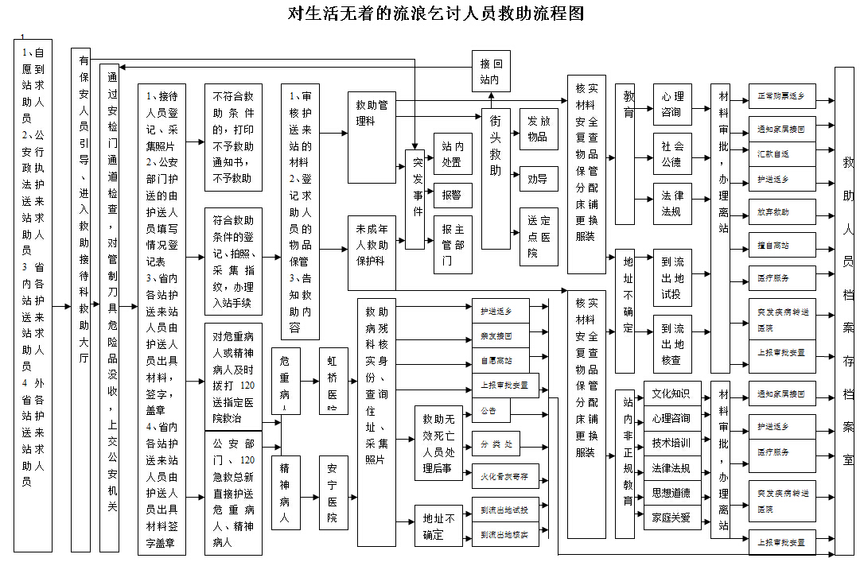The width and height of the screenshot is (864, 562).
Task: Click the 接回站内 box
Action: click(x=490, y=72)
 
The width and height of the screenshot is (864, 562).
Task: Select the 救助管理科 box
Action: click(x=372, y=113)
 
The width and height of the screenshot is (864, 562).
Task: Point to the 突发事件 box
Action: click(x=414, y=199)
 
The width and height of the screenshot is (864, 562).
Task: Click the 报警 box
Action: click(x=451, y=195)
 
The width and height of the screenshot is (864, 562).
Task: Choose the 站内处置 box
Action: click(x=452, y=153)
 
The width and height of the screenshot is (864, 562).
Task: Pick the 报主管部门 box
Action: click(x=452, y=244)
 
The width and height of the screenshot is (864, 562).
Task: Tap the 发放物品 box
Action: click(x=539, y=130)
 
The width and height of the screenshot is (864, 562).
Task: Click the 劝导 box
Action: click(x=539, y=179)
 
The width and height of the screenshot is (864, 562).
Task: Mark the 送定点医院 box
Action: click(x=539, y=236)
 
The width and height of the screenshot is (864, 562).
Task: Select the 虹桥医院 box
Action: click(x=333, y=381)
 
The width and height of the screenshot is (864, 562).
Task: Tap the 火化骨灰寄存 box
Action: click(x=504, y=477)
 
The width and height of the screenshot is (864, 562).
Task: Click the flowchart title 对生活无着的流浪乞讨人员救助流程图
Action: click(x=436, y=14)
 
